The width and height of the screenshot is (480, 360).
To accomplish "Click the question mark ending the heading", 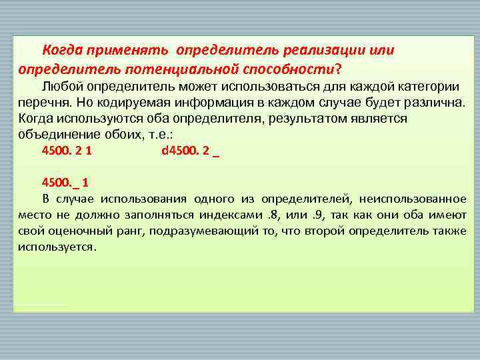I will tap(338, 68).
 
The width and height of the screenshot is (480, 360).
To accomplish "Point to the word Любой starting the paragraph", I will tap(61, 87).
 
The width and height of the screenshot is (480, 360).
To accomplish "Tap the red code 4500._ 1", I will tap(65, 182).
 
